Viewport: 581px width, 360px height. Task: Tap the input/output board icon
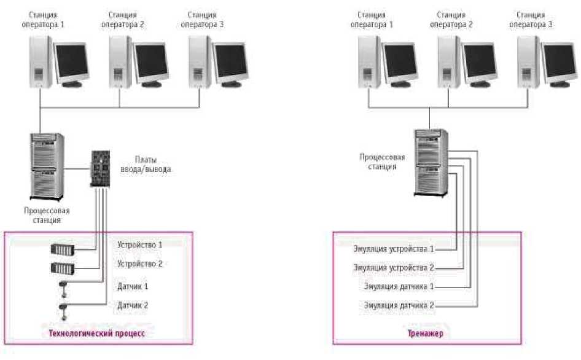point(99,170)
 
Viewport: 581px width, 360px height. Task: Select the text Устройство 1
point(139,245)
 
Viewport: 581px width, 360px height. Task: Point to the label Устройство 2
point(139,264)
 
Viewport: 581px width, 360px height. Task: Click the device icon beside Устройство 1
point(63,251)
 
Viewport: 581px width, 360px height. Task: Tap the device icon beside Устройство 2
point(63,268)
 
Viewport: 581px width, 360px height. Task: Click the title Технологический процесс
point(99,334)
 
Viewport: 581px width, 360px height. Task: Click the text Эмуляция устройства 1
point(394,249)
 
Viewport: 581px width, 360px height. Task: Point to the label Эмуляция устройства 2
point(394,268)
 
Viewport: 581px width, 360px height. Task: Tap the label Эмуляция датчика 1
point(399,286)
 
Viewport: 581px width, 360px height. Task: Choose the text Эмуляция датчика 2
point(399,305)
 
